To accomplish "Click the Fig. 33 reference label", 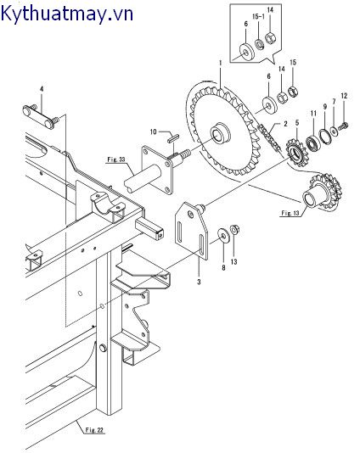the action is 116,159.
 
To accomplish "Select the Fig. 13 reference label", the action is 290,213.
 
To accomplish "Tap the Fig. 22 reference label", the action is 94,430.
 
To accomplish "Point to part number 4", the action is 42,89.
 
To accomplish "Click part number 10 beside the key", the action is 153,132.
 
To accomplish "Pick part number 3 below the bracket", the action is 199,282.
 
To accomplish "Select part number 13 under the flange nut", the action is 233,261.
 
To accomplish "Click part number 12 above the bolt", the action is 344,96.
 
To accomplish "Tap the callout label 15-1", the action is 258,16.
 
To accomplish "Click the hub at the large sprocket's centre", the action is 222,134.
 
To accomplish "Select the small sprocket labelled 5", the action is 295,153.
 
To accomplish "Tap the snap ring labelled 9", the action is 325,136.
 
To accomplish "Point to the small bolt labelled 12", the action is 344,125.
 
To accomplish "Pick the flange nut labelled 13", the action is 234,230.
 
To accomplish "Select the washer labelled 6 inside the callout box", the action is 246,53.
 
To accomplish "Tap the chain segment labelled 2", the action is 268,137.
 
